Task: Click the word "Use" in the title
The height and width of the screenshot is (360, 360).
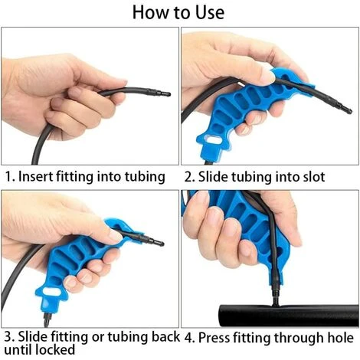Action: point(210,12)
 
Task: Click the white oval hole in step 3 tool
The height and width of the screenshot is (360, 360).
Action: point(51,292)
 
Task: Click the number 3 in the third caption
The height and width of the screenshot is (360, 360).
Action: point(8,337)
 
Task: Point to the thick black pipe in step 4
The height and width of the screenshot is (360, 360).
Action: point(288,315)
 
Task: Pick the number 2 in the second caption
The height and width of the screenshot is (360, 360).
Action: point(188,177)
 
